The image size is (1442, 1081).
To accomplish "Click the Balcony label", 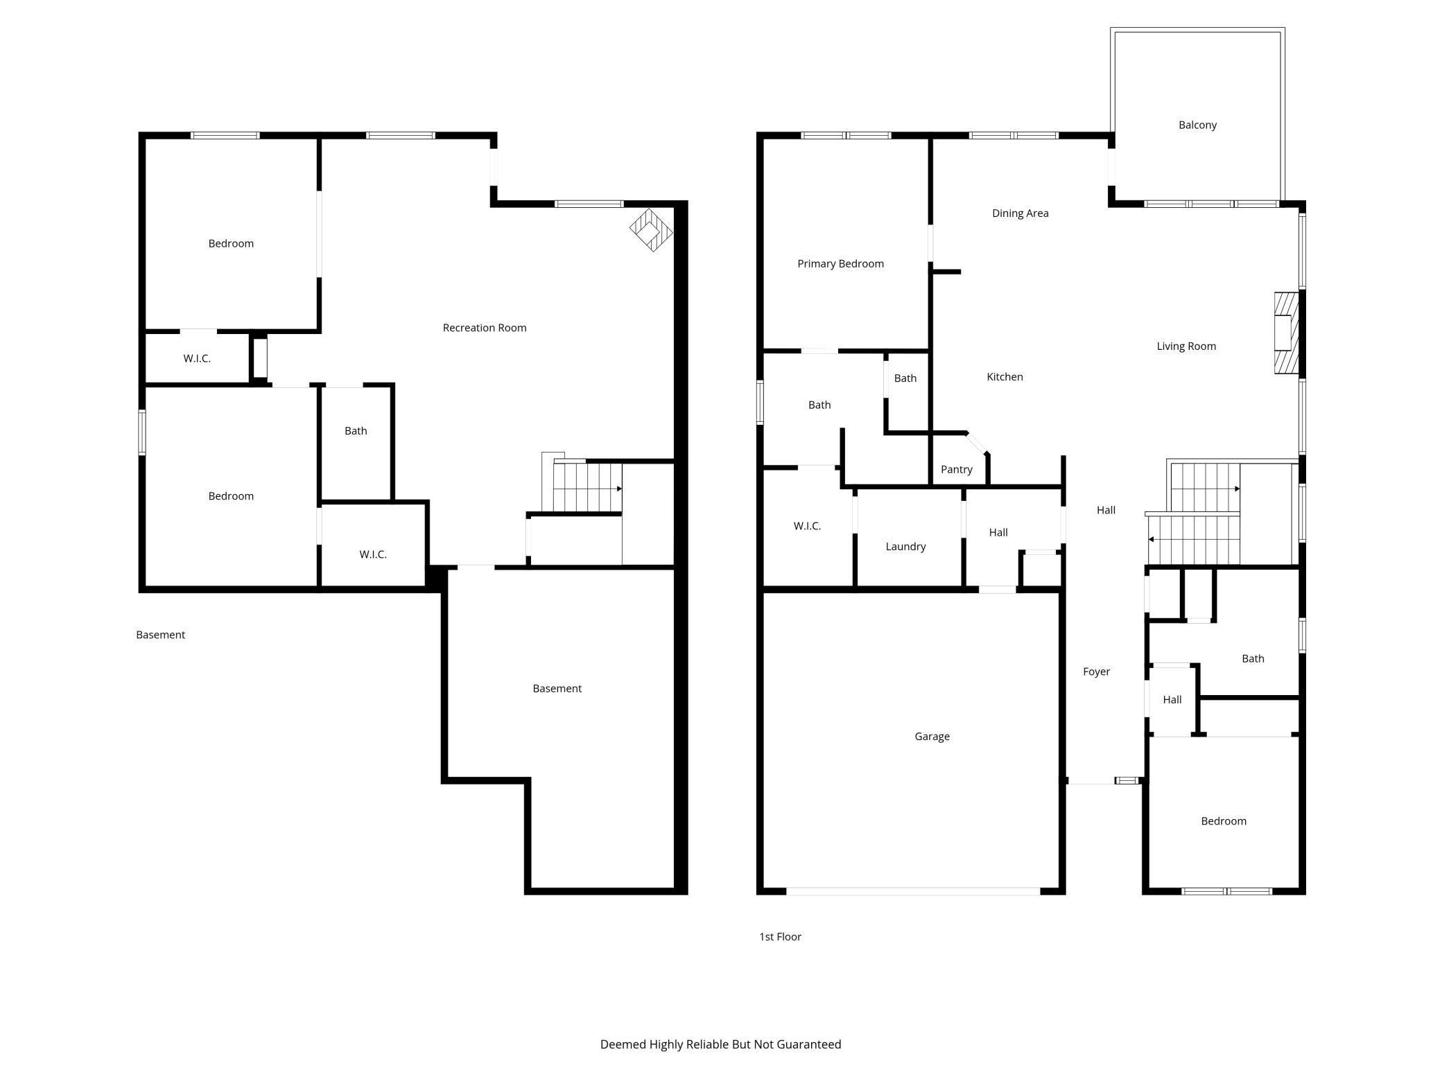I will point(1197,125).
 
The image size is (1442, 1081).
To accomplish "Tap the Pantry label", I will point(956,469).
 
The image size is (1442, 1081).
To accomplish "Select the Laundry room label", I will point(905,546).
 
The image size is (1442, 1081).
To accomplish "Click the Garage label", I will point(932,736).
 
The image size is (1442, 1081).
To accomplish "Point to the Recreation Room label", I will point(484,327).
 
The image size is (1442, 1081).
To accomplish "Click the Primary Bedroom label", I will point(840,263).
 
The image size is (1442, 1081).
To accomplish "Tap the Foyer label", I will point(1096,671).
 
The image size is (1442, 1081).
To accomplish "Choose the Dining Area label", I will point(1020,213).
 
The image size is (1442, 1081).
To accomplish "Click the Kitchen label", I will point(1005,376).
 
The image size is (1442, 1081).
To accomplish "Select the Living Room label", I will point(1185,346).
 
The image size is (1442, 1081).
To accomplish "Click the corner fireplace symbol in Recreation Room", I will point(651,230).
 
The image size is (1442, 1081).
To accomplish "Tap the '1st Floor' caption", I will point(780,936).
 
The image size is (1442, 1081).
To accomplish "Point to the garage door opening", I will point(912,890).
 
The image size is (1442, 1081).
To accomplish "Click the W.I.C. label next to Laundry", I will point(807,526).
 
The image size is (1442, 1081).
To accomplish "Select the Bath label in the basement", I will point(356,430).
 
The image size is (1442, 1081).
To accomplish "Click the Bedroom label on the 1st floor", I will point(1223,820).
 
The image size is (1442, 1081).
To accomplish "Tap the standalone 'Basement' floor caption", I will point(160,634).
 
